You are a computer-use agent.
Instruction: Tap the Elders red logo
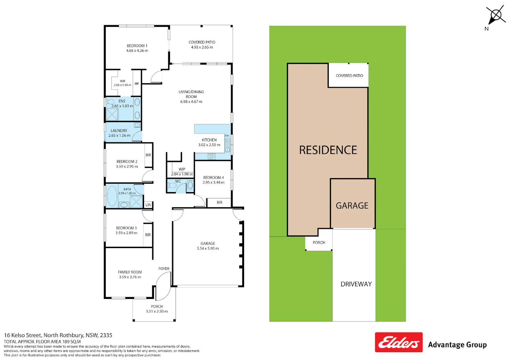399,342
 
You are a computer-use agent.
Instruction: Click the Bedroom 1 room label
137,46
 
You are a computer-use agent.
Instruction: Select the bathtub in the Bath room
112,196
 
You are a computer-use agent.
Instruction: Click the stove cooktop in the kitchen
211,157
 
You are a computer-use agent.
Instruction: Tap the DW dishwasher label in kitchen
227,136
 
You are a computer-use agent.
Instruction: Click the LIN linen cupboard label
148,205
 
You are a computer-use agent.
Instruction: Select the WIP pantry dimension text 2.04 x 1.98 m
182,174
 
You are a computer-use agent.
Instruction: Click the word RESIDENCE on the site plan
328,150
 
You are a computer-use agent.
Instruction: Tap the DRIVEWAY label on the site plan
356,284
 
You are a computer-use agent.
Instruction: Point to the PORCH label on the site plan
319,243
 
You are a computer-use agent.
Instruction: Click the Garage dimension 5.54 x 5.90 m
208,248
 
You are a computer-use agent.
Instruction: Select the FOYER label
164,269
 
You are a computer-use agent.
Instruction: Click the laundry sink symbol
137,125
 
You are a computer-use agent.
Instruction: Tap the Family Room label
130,272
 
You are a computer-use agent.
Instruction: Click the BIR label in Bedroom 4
219,202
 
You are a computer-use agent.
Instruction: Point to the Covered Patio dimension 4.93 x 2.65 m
202,47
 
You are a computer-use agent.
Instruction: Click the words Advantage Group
457,345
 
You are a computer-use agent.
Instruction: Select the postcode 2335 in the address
106,335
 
